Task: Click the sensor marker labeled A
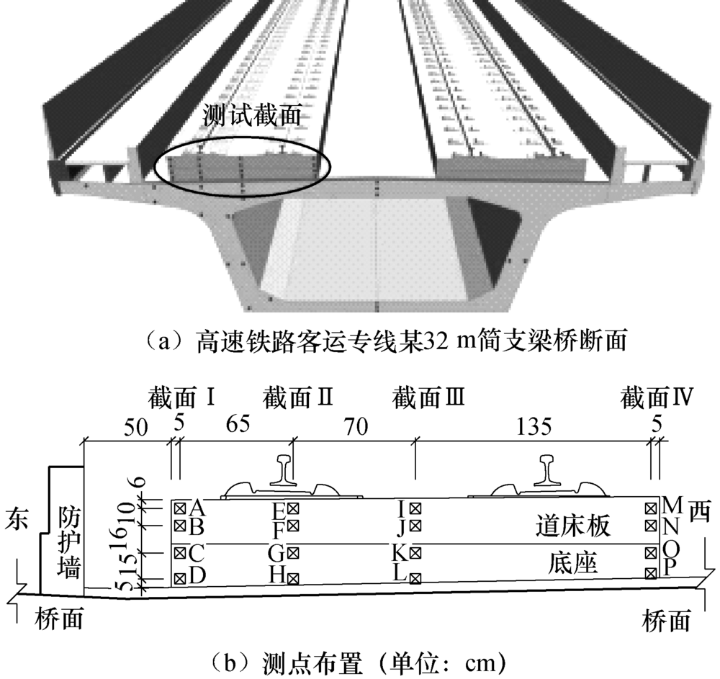(x=180, y=506)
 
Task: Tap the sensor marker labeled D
(x=180, y=577)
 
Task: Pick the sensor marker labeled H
(x=293, y=577)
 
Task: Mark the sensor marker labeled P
(x=651, y=572)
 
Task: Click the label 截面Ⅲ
(x=427, y=396)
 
